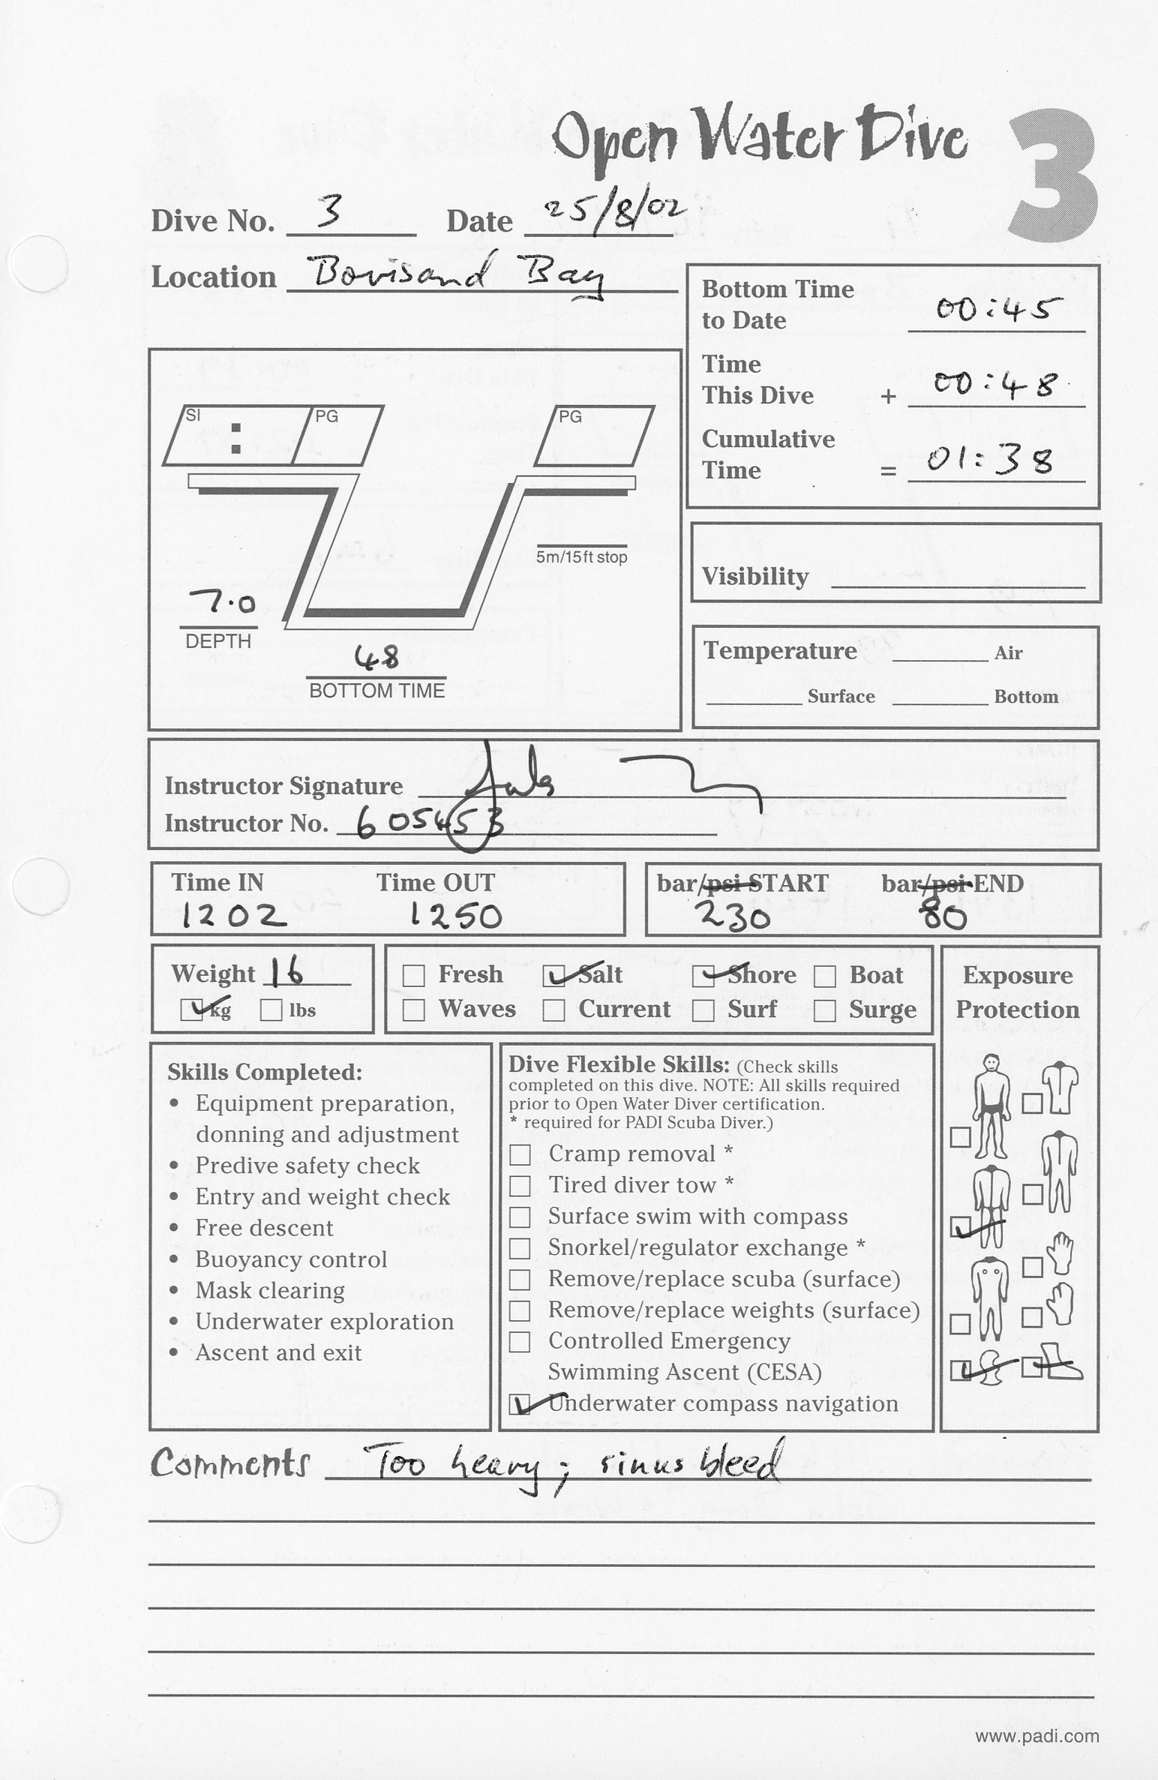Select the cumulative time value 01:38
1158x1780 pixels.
pos(990,460)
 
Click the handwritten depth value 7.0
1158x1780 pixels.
pos(223,602)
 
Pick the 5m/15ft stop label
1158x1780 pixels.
pos(581,557)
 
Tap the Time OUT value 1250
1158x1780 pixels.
pos(456,916)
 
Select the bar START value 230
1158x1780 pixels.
pos(732,915)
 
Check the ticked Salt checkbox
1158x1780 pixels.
pos(554,976)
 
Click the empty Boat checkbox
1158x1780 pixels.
pos(825,976)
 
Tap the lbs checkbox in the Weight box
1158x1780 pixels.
pos(271,1010)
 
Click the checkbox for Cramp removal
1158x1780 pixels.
pos(520,1154)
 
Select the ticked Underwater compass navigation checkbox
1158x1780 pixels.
pos(520,1404)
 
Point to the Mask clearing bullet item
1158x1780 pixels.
pos(270,1290)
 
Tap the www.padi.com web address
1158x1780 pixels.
pos(1036,1736)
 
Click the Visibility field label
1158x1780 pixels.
pos(755,576)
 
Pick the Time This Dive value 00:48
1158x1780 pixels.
pos(994,385)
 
